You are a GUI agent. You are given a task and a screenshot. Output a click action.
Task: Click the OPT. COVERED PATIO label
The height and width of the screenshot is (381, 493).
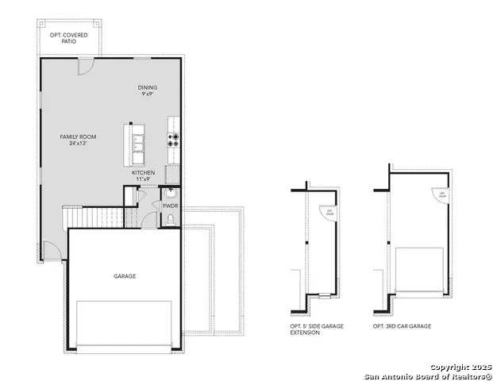point(68,37)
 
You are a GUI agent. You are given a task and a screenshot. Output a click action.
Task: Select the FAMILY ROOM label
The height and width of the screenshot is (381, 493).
point(78,137)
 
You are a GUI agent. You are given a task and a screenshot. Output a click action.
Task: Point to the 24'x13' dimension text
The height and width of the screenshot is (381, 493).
point(78,144)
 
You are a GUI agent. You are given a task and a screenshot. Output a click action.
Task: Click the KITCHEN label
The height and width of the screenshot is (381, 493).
point(144,173)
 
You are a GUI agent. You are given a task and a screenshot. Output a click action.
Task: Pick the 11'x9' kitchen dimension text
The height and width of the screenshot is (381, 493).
point(144,179)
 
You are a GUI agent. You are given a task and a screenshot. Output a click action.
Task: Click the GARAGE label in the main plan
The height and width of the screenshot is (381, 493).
point(124,276)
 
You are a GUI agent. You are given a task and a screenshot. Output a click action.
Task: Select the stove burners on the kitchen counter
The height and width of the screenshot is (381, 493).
point(173,140)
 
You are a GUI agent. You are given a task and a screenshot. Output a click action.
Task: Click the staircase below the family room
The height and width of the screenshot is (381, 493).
point(94,215)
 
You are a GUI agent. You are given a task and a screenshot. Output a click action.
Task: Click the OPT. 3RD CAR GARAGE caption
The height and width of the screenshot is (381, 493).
point(402,326)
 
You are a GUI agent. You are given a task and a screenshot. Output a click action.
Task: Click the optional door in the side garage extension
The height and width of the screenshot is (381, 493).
point(327,212)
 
